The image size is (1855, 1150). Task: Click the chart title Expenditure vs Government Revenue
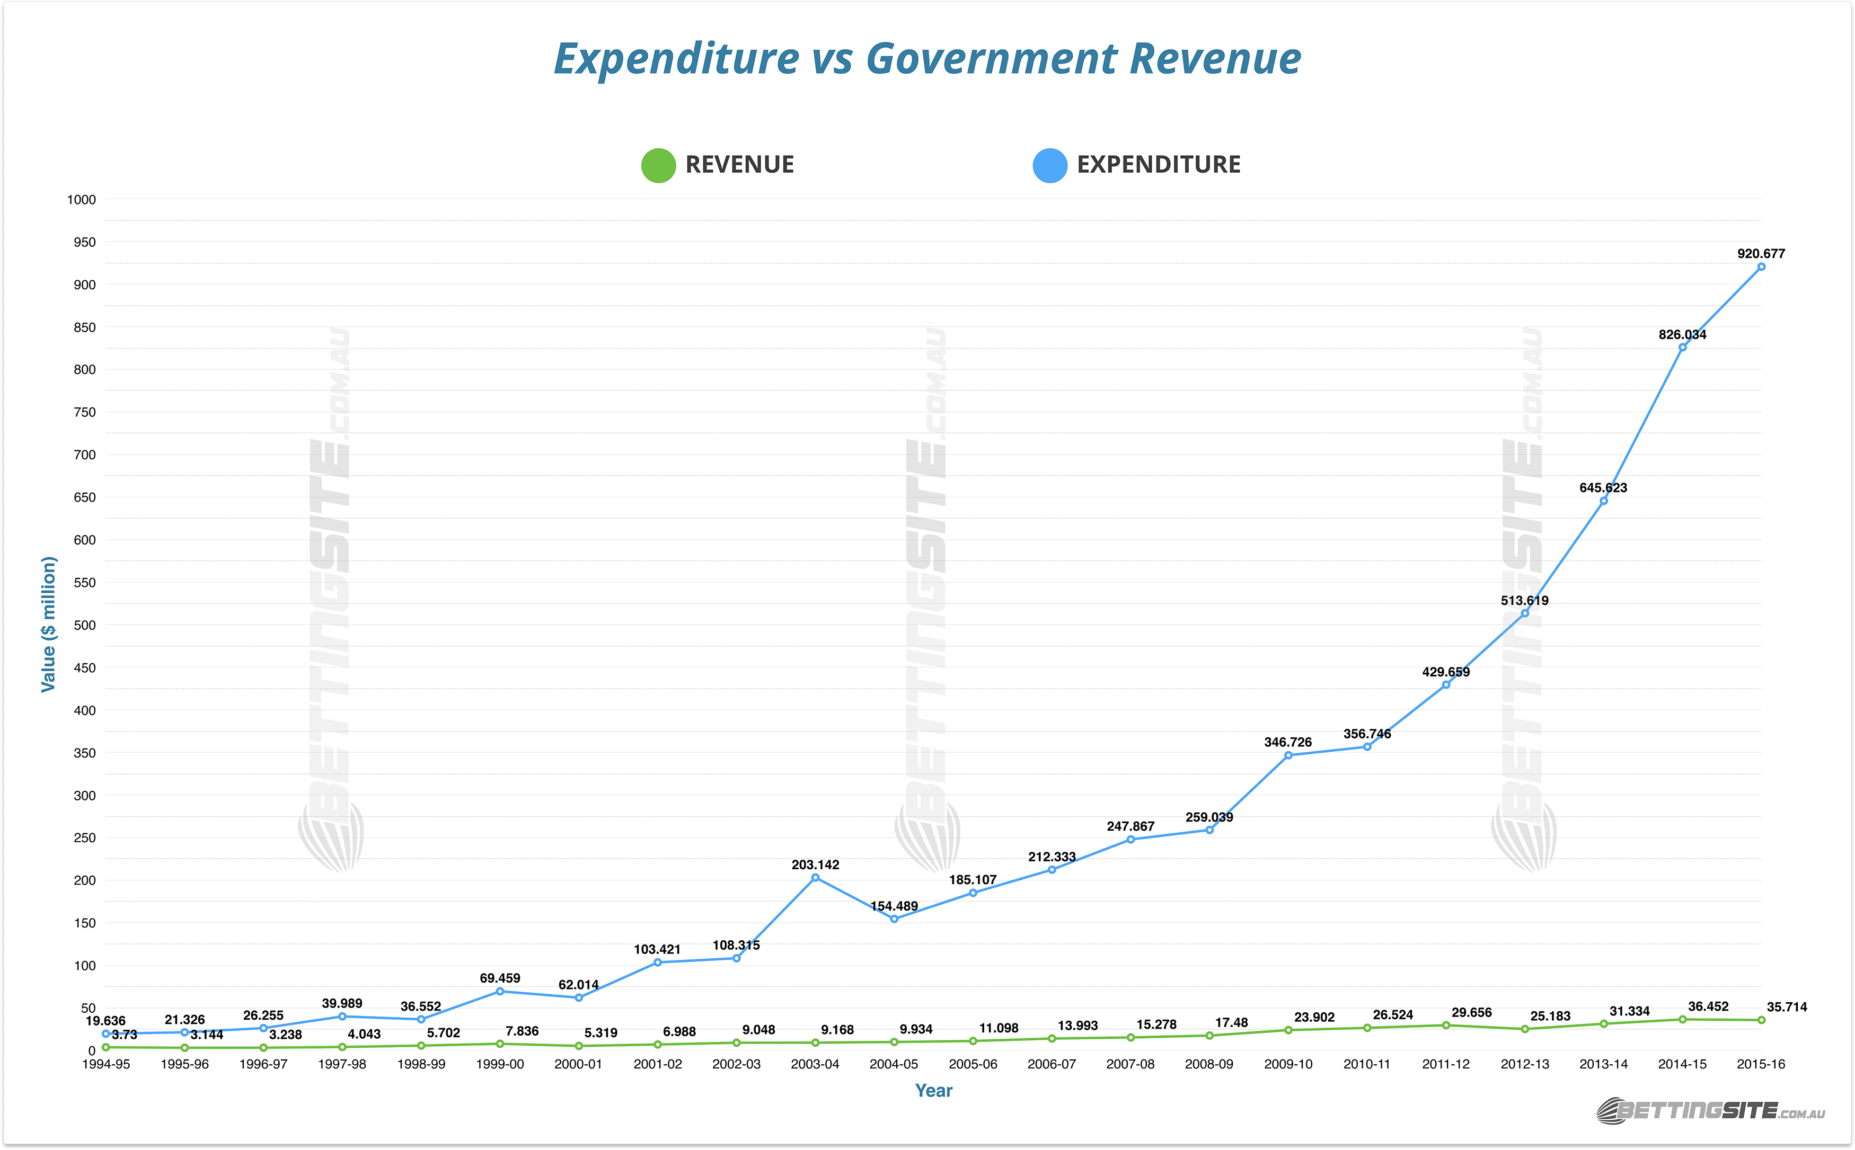pyautogui.click(x=927, y=59)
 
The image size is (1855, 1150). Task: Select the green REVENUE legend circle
pyautogui.click(x=658, y=165)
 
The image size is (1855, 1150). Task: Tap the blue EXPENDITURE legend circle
pyautogui.click(x=1049, y=165)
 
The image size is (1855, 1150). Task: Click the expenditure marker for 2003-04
pyautogui.click(x=815, y=878)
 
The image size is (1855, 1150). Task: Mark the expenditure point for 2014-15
pyautogui.click(x=1682, y=347)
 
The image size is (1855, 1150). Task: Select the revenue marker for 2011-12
pyautogui.click(x=1446, y=1026)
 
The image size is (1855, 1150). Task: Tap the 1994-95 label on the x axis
pyautogui.click(x=106, y=1065)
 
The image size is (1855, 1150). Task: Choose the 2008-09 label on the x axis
pyautogui.click(x=1209, y=1065)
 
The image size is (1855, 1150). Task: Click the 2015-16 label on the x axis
pyautogui.click(x=1760, y=1065)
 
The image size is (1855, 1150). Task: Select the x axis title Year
pyautogui.click(x=933, y=1091)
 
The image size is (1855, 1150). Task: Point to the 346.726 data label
pyautogui.click(x=1287, y=742)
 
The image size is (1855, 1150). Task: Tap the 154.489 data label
pyautogui.click(x=894, y=907)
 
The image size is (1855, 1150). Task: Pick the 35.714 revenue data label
pyautogui.click(x=1786, y=1007)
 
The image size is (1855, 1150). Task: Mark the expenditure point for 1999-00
pyautogui.click(x=500, y=992)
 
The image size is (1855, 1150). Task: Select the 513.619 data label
pyautogui.click(x=1524, y=601)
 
